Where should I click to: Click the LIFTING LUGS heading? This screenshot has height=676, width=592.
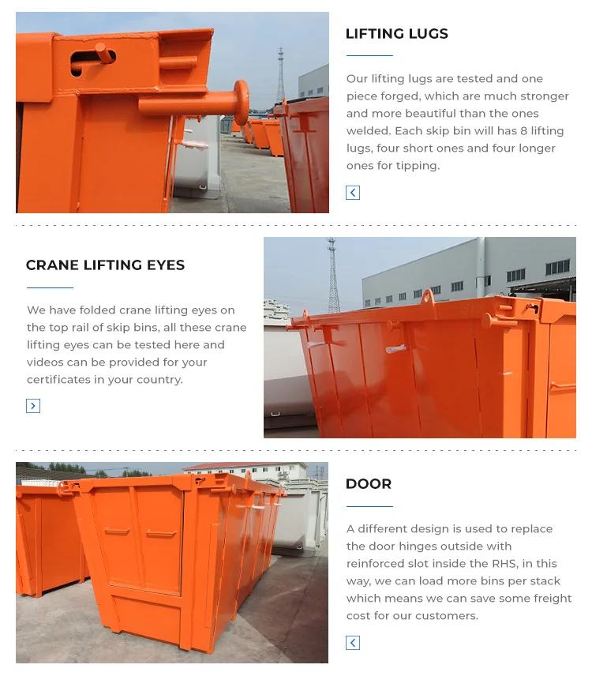396,33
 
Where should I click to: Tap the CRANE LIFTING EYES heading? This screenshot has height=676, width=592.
105,265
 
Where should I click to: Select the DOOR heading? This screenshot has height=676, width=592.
368,483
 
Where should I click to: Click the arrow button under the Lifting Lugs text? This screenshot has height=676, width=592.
353,193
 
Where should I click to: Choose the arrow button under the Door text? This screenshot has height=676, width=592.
353,643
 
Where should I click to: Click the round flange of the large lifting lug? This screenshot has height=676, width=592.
240,102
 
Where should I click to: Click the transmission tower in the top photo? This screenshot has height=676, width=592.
280,75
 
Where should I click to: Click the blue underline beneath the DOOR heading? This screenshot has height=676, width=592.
369,506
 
